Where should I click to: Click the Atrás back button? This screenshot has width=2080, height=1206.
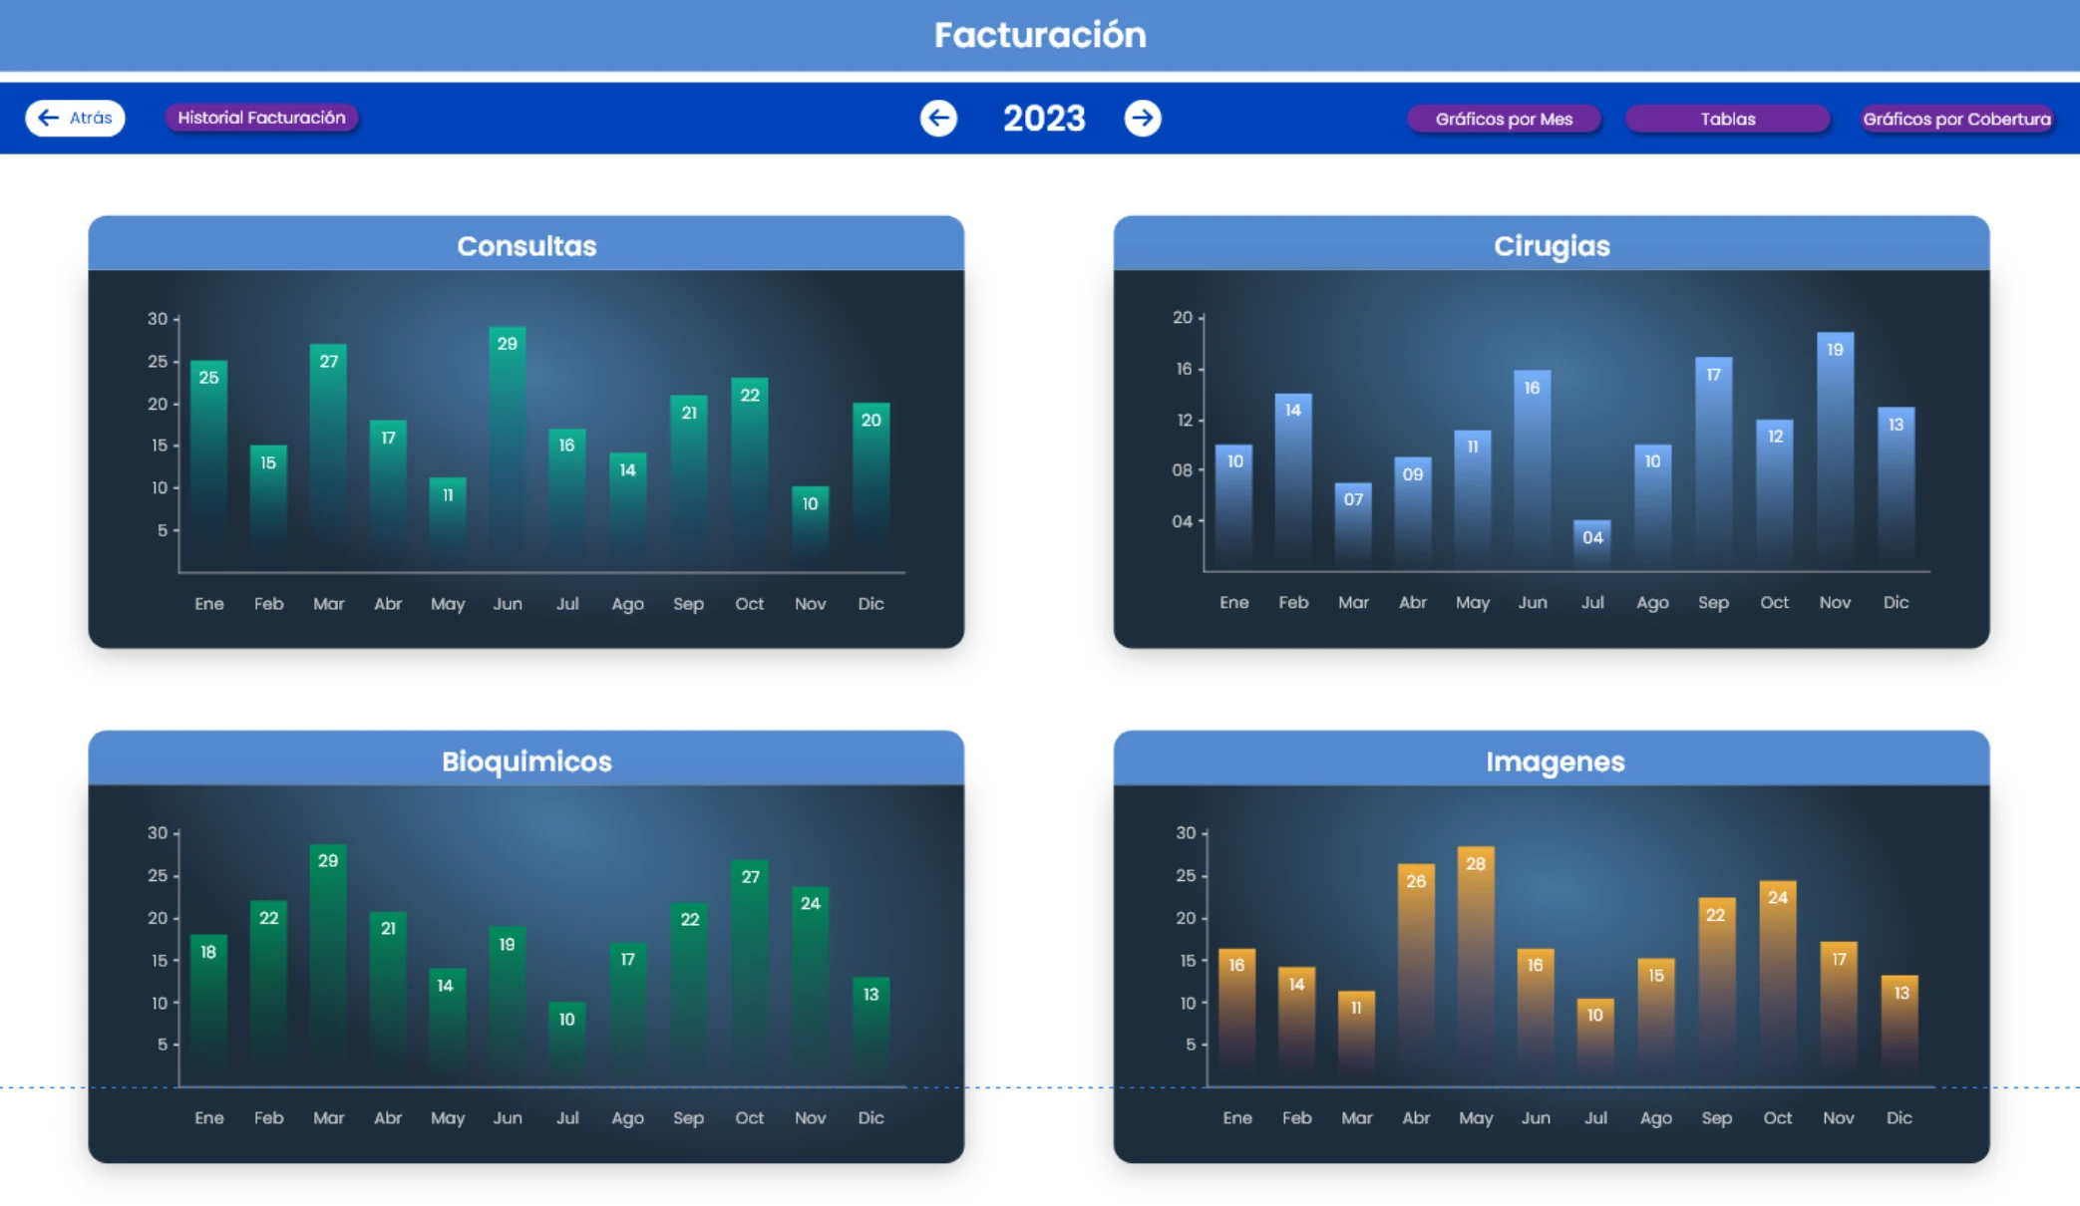pos(75,118)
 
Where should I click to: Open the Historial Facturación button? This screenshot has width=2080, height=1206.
pos(261,118)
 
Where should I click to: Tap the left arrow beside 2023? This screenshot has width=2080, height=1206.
pos(938,119)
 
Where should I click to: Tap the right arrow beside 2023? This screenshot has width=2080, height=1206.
pos(1143,119)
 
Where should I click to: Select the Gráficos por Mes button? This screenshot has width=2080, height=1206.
pos(1504,120)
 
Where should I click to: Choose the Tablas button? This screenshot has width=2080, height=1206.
pos(1727,120)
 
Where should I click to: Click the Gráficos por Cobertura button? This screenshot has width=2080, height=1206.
pos(1956,120)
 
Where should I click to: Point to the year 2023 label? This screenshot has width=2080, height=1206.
pos(1043,119)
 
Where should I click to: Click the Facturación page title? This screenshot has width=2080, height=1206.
pos(1040,35)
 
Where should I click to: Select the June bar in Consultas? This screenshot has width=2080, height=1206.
pos(508,449)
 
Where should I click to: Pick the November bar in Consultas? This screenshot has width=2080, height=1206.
pos(810,528)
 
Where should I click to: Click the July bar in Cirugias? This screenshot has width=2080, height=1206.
pos(1592,544)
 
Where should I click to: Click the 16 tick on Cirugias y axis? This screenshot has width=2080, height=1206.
pos(1184,369)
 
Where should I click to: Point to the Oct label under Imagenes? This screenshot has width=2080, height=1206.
pos(1777,1118)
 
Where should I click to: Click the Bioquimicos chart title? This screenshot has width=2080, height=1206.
pos(526,761)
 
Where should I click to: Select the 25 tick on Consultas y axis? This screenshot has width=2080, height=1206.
pos(158,362)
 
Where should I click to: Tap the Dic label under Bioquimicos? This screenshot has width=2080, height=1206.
pos(870,1118)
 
